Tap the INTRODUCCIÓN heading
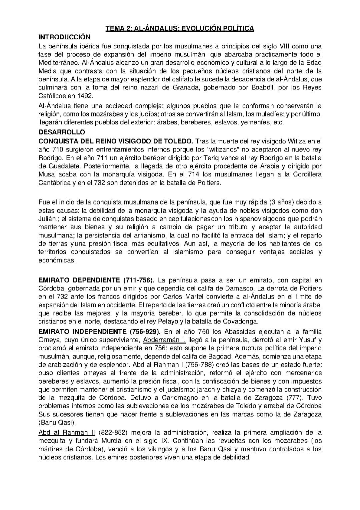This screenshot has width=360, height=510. [x=64, y=37]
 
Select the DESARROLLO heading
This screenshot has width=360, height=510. [x=62, y=132]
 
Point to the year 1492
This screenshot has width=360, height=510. [x=85, y=95]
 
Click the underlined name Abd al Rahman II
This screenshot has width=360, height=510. [x=67, y=433]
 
